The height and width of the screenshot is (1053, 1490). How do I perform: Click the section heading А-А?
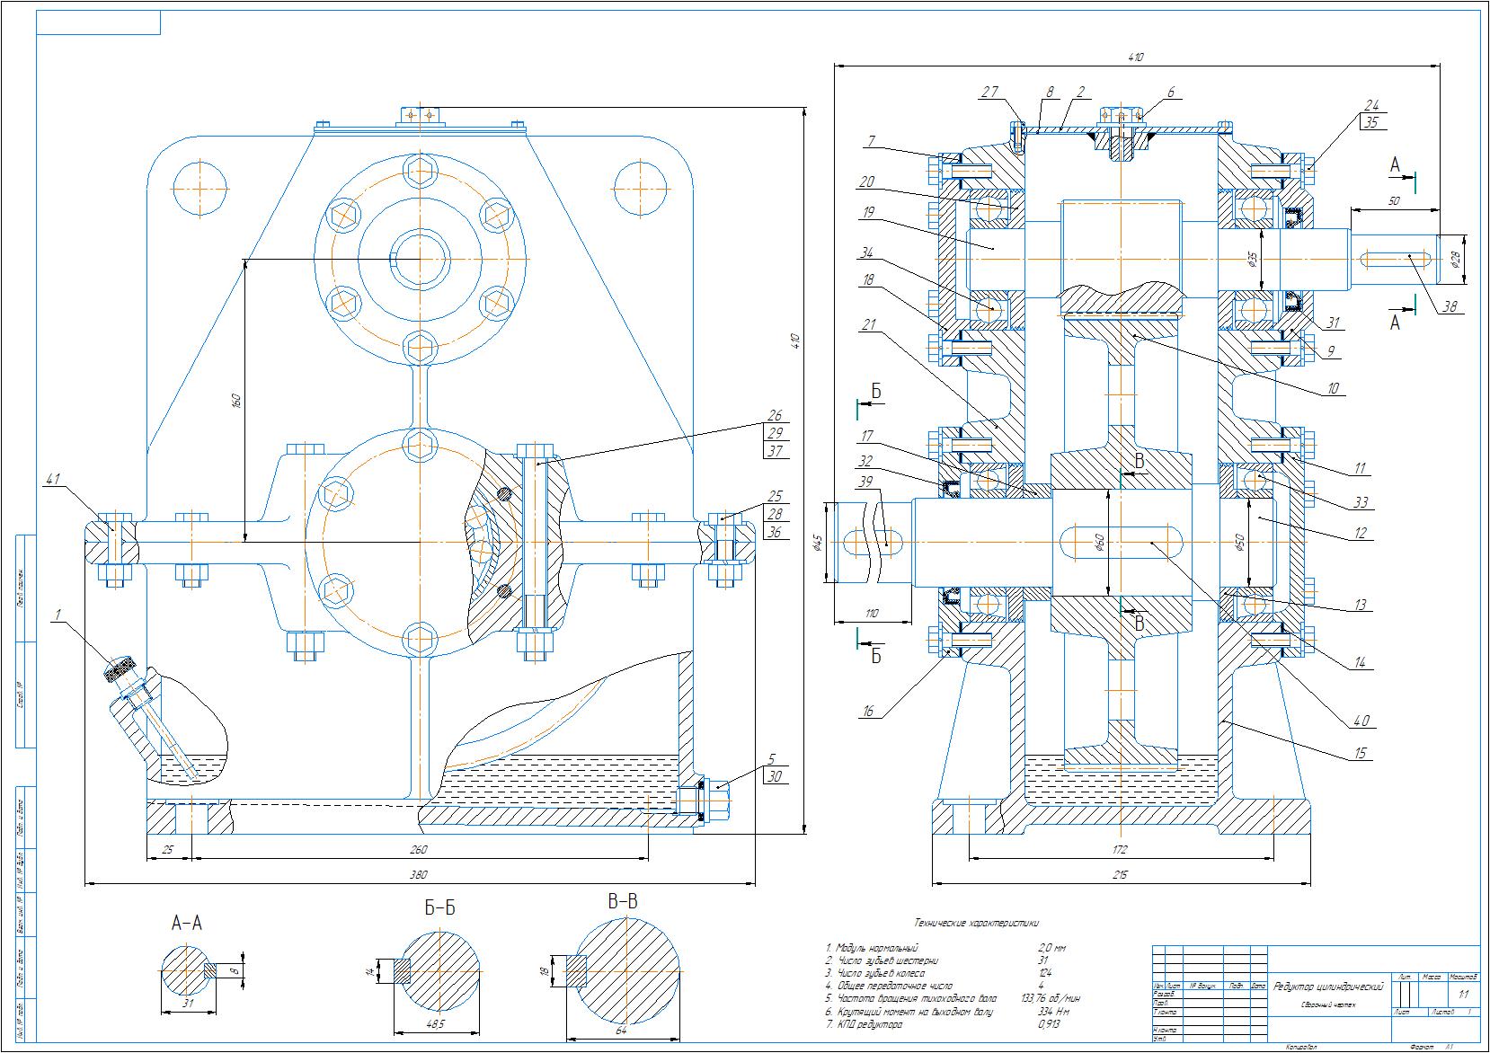pyautogui.click(x=186, y=923)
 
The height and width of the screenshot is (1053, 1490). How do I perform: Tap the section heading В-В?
pyautogui.click(x=622, y=902)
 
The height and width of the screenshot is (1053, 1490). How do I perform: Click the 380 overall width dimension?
pyautogui.click(x=418, y=875)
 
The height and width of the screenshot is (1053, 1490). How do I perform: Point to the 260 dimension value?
pyautogui.click(x=418, y=849)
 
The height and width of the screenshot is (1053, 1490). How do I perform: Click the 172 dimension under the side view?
pyautogui.click(x=1119, y=849)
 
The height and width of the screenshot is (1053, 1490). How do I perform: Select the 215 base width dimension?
pyautogui.click(x=1119, y=874)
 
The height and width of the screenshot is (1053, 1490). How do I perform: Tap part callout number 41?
pyautogui.click(x=53, y=482)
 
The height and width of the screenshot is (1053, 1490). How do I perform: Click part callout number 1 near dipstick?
pyautogui.click(x=58, y=615)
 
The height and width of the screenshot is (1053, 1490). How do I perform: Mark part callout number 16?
pyautogui.click(x=867, y=711)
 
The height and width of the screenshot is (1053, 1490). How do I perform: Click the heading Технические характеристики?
pyautogui.click(x=976, y=922)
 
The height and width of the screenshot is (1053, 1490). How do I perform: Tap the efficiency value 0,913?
pyautogui.click(x=1048, y=1023)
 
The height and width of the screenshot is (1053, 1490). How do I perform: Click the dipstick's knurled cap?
pyautogui.click(x=120, y=669)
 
